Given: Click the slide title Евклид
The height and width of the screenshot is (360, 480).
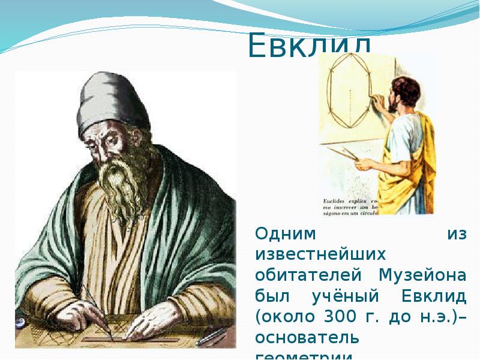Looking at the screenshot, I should pyautogui.click(x=310, y=46).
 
